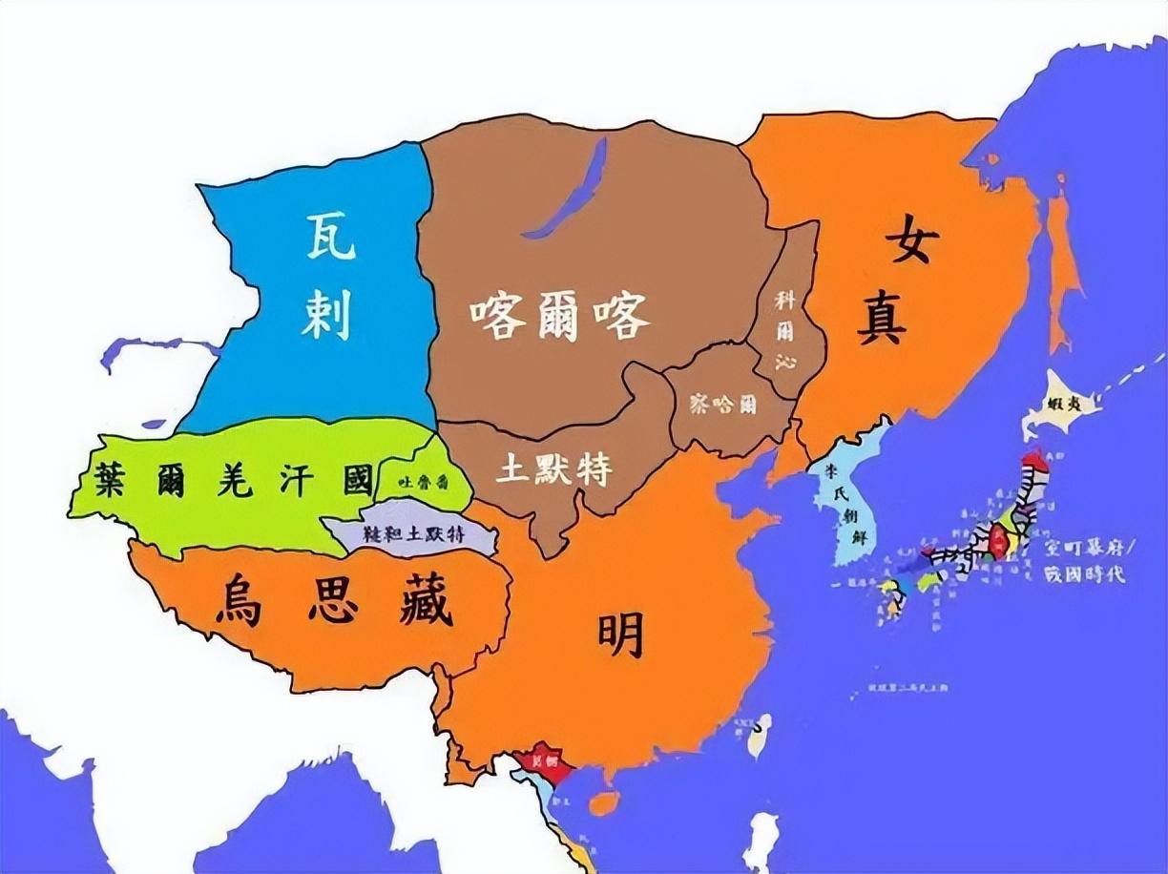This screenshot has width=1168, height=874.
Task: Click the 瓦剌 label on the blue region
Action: pyautogui.click(x=329, y=277)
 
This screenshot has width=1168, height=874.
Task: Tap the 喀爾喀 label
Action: pyautogui.click(x=559, y=314)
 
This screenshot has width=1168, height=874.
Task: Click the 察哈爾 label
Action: pyautogui.click(x=723, y=404)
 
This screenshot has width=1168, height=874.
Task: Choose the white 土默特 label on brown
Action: pyautogui.click(x=554, y=469)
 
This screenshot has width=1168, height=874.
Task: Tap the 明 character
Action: pyautogui.click(x=620, y=635)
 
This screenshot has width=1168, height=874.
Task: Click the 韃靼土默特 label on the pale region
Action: pyautogui.click(x=411, y=534)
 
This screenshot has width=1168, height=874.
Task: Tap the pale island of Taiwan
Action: pyautogui.click(x=760, y=736)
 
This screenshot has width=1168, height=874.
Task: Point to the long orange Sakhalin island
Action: pyautogui.click(x=1061, y=267)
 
